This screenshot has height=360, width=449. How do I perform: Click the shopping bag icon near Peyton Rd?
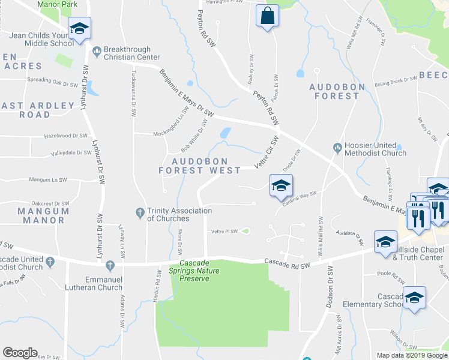(x=267, y=16)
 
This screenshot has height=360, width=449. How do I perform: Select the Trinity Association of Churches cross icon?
(x=139, y=212)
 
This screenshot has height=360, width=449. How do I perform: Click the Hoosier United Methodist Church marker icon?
(x=339, y=146)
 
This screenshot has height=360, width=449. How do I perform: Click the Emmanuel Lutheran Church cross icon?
(x=110, y=265)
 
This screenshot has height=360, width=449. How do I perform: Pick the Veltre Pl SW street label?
(x=225, y=232)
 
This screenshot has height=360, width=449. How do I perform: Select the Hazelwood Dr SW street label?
(x=66, y=136)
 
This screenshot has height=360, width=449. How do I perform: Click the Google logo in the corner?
(x=20, y=353)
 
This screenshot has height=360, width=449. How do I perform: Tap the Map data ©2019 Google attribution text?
(x=411, y=355)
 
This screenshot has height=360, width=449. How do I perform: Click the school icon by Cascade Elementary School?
(x=414, y=298)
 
